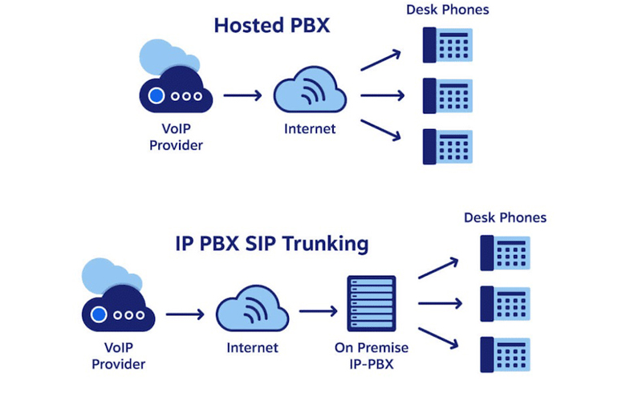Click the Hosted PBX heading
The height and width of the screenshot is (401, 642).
[272, 26]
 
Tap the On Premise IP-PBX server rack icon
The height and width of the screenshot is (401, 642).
[371, 303]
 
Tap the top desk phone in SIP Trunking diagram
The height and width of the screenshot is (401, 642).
[505, 252]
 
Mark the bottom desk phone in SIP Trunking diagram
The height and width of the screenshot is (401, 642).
[505, 354]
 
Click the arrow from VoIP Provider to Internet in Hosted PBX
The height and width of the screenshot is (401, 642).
[242, 96]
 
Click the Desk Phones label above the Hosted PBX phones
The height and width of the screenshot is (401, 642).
[447, 10]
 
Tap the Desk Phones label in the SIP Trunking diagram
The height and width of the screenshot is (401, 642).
[505, 217]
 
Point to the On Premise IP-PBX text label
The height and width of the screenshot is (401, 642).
[372, 355]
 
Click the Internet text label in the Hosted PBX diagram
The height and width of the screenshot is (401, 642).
[310, 128]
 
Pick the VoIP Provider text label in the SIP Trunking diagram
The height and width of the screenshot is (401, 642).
[119, 355]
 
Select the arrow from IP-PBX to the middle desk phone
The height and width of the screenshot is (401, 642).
[440, 303]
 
